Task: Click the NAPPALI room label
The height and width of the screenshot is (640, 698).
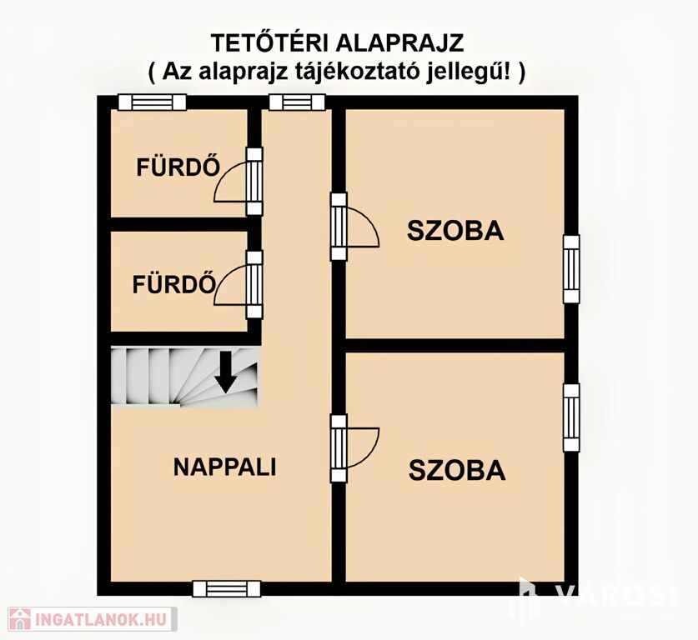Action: pos(225,467)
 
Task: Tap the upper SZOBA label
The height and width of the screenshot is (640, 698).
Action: pos(455,232)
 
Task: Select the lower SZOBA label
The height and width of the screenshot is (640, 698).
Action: pos(457,471)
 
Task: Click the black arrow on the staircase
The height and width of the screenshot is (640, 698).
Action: pos(226,372)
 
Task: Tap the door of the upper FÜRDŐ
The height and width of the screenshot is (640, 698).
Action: pos(239,182)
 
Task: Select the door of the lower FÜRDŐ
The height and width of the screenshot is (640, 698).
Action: pos(239,285)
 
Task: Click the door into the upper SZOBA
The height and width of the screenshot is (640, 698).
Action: pos(354,227)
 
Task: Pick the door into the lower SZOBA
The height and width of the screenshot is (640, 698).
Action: pos(354,448)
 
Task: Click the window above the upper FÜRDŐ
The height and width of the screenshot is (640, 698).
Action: pos(153,102)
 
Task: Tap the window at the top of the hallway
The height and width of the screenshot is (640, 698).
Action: pos(298,102)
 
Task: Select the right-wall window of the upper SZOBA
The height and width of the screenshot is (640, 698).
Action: pos(571,269)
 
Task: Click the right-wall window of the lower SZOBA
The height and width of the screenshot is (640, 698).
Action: pos(571,417)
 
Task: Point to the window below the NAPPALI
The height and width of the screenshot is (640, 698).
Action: pos(227,588)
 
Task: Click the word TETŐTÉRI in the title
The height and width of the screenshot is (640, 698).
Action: pos(270,43)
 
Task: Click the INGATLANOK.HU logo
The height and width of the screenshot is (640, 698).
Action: pos(93,619)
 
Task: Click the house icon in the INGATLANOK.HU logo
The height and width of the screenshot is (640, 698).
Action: pos(20,619)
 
